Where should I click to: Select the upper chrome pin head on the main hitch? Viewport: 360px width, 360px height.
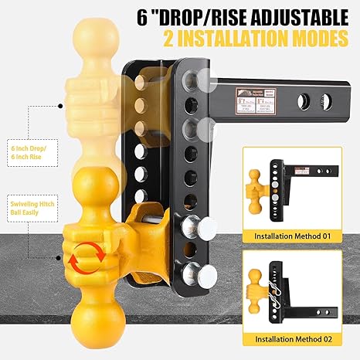tap(193, 227)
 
